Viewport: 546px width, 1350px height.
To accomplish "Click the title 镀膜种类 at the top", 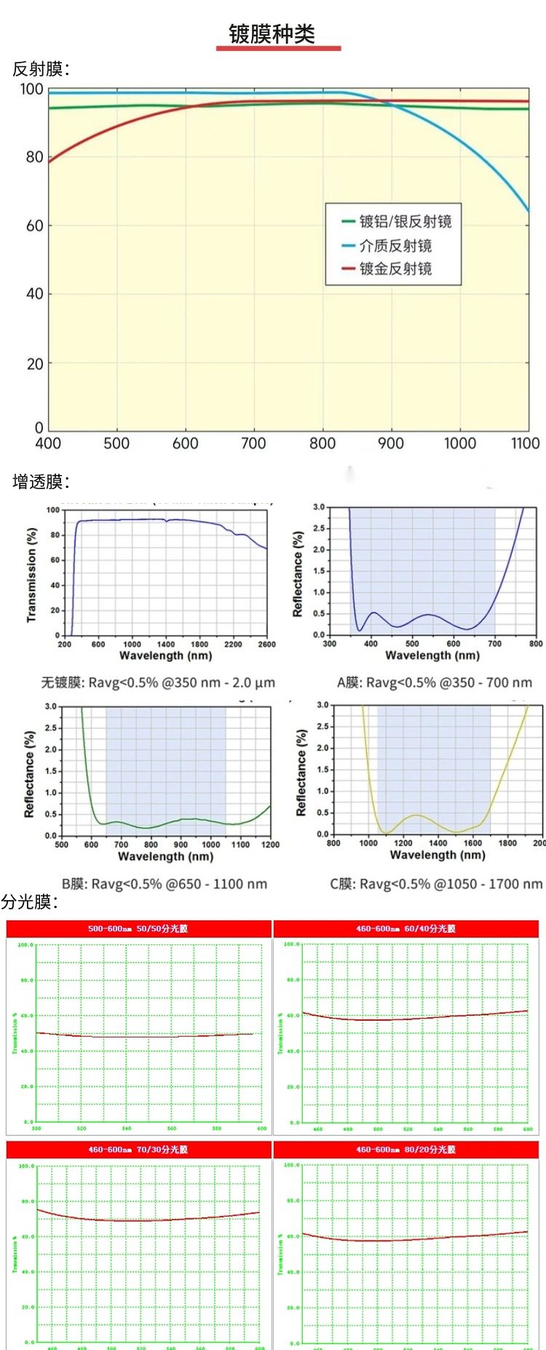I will (x=272, y=34).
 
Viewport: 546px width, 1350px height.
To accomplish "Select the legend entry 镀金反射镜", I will (x=395, y=269).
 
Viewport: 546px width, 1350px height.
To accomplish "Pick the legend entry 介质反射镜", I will (x=395, y=245).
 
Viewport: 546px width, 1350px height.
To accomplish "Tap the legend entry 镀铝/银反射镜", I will (x=405, y=221).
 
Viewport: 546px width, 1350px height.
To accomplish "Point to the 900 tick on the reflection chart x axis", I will (x=391, y=443).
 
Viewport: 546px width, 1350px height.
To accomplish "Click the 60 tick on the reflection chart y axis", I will (x=35, y=226).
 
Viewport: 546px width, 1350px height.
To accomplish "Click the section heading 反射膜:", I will (x=41, y=69).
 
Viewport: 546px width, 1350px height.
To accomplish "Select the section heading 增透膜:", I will (x=41, y=481).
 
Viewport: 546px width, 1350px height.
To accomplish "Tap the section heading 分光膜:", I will (x=30, y=902).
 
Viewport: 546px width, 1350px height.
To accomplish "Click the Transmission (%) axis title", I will (x=31, y=575).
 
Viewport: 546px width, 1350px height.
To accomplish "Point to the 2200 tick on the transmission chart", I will (x=233, y=644).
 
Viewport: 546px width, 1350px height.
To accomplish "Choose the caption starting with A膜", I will (x=435, y=683).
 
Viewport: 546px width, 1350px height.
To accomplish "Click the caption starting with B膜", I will (x=165, y=884).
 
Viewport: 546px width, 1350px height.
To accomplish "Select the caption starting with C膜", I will (x=436, y=884).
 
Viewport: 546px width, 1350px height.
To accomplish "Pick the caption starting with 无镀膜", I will (x=158, y=683).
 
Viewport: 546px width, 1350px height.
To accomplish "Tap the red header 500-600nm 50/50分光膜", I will (x=138, y=928).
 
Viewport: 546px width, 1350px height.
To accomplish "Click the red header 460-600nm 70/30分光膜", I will (x=138, y=1149).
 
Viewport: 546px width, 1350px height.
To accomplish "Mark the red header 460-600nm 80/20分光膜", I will (x=405, y=1149).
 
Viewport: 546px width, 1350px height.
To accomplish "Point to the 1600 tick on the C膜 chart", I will (x=473, y=843).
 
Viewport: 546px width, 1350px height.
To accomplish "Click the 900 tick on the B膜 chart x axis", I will (x=181, y=845).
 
